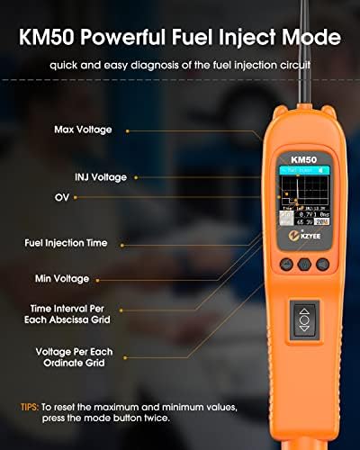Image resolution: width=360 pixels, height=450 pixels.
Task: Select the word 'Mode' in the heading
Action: (308, 39)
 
